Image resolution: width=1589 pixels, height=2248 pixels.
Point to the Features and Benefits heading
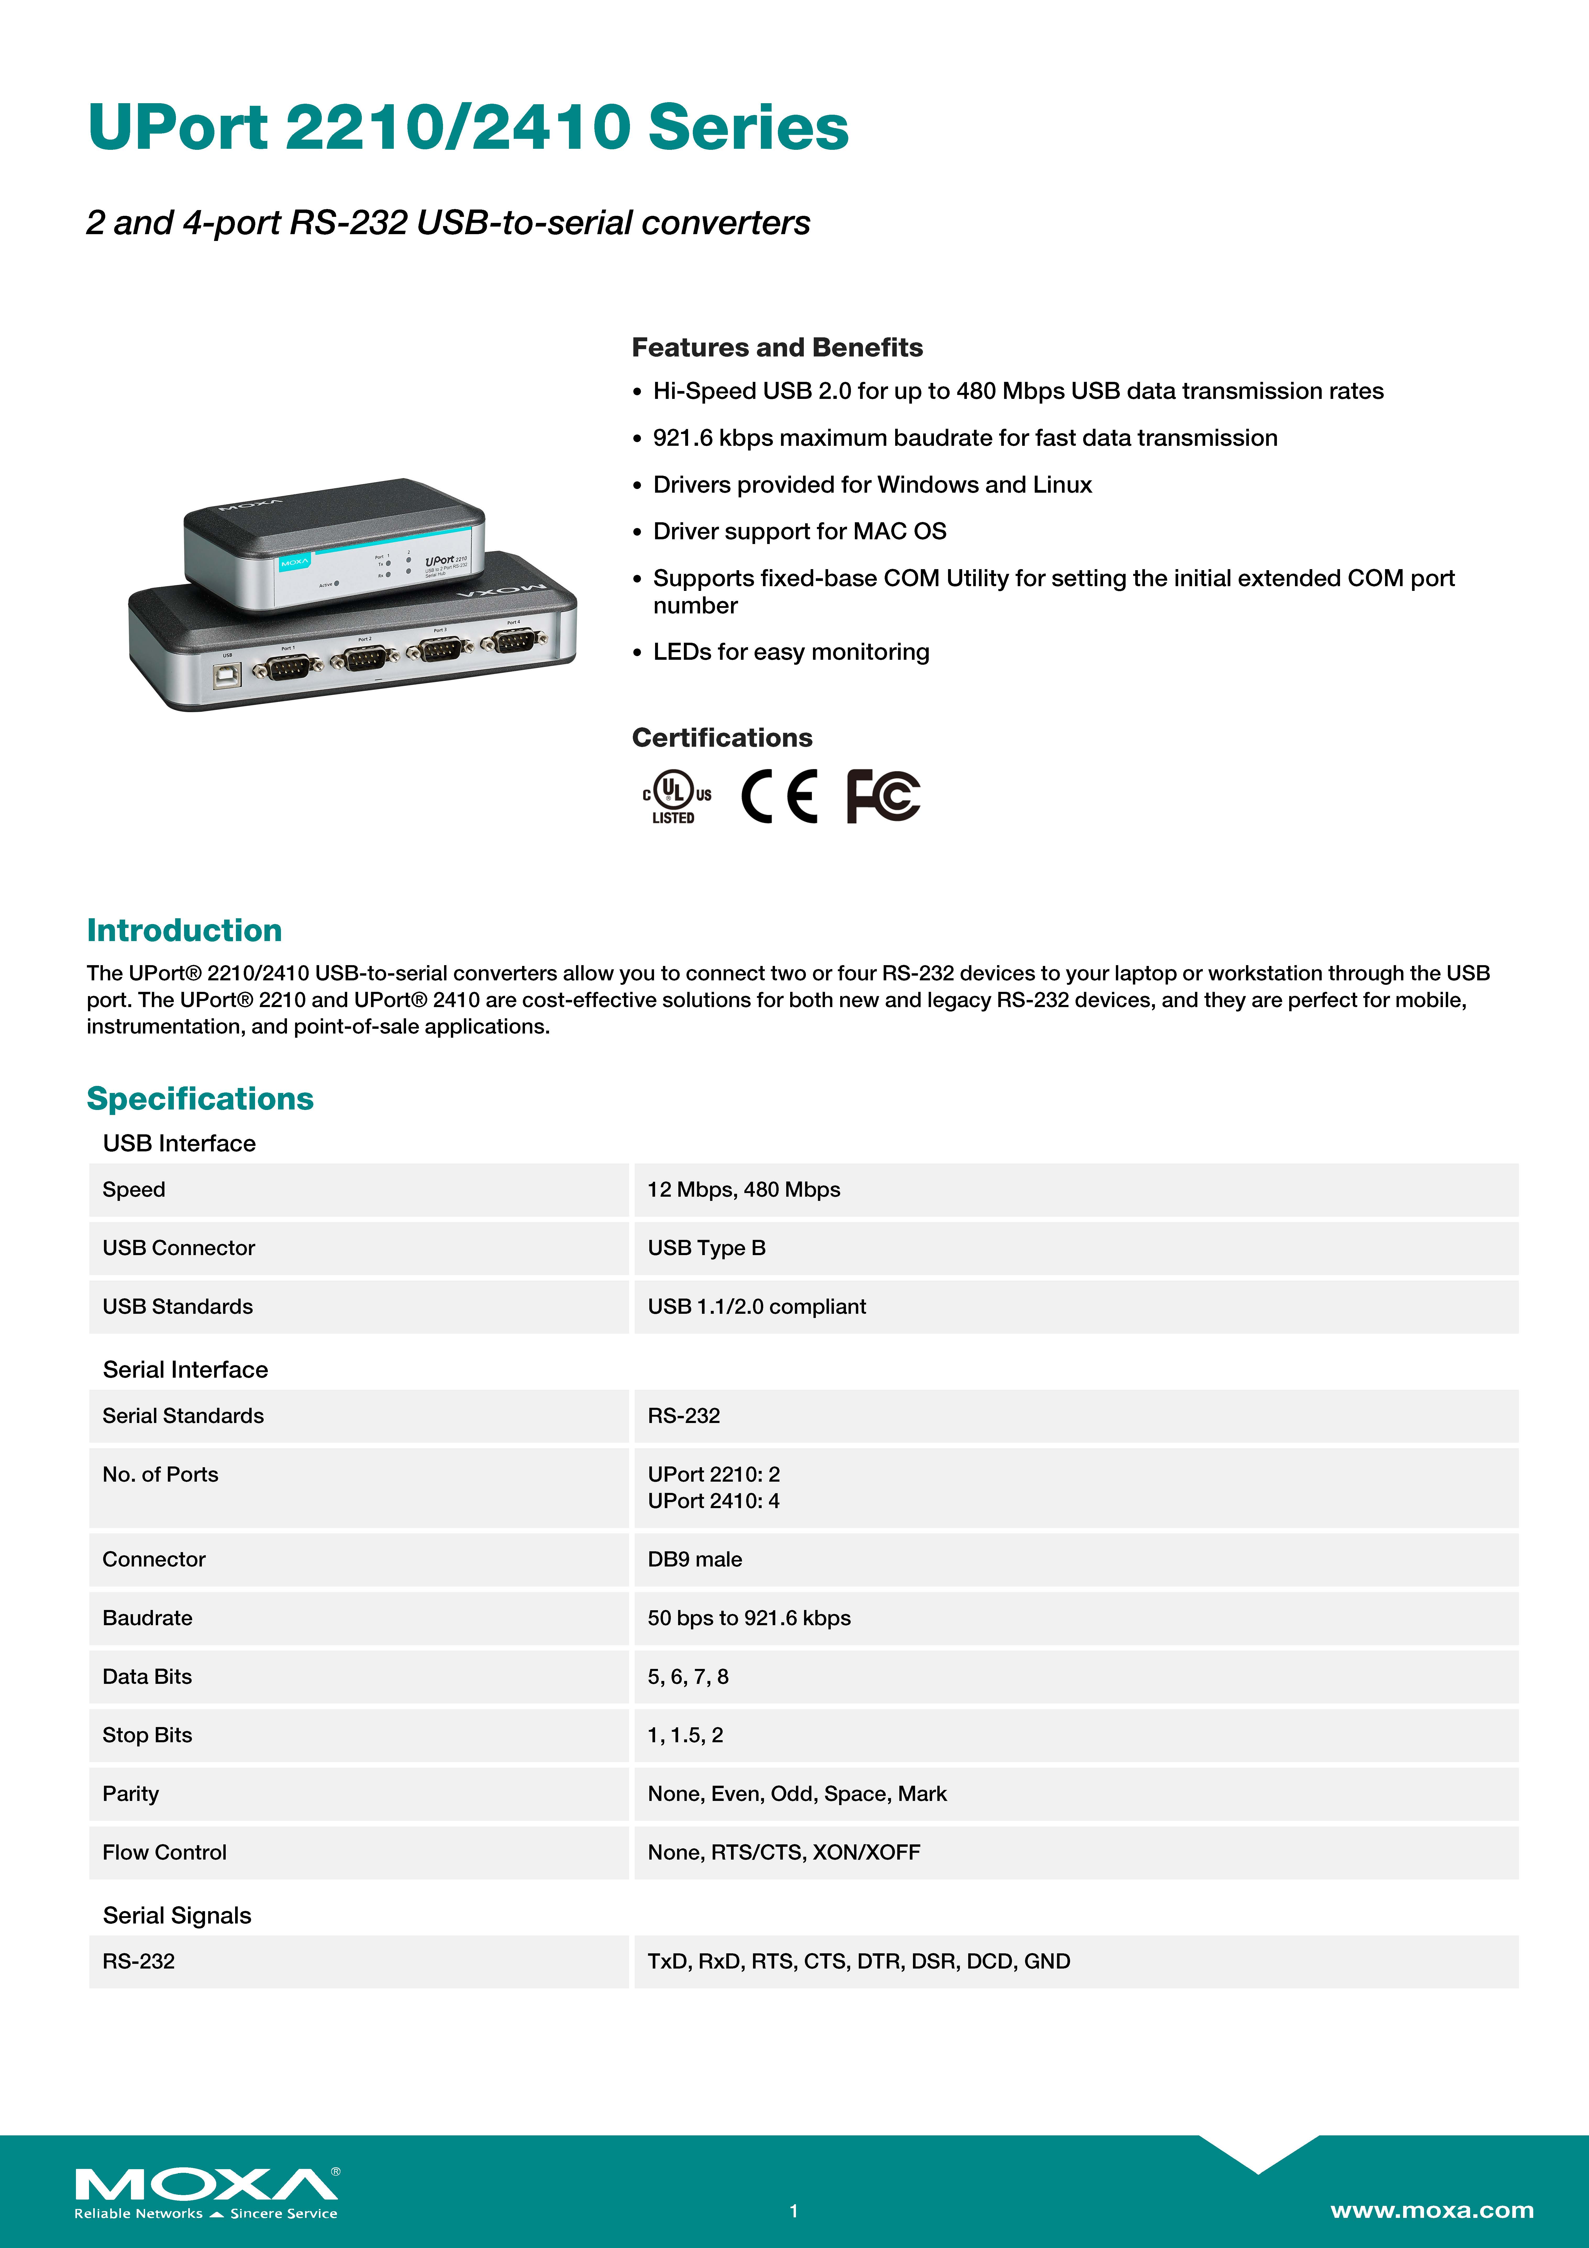tap(776, 348)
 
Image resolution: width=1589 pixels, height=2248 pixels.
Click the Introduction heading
tap(184, 930)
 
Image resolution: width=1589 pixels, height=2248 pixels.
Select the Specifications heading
tap(200, 1098)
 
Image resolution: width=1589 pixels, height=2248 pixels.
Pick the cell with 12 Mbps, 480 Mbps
tap(743, 1190)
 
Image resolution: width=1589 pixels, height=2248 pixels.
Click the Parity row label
tap(130, 1794)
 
